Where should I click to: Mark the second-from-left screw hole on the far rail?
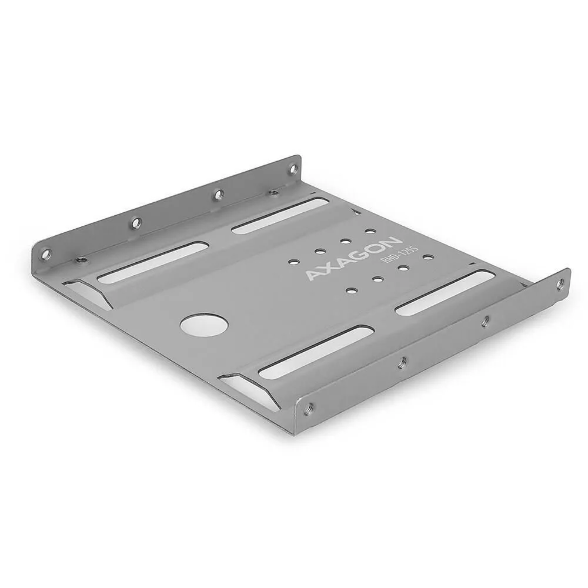(136, 222)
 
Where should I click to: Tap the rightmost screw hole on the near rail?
(559, 285)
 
